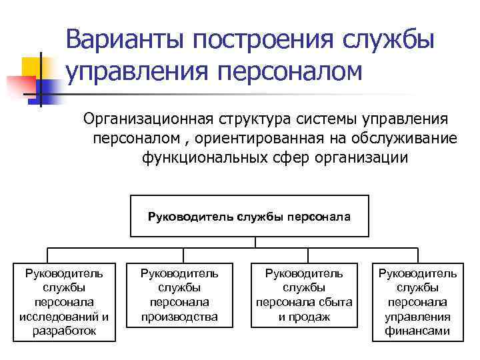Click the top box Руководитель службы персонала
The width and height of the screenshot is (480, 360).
(249, 216)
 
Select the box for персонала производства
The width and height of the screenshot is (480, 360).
(179, 295)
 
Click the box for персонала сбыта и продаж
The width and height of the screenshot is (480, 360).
(304, 295)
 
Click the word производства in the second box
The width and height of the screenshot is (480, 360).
(179, 317)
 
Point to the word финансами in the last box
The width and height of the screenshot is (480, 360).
(418, 331)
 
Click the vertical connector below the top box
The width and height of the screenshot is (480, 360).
(249, 243)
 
